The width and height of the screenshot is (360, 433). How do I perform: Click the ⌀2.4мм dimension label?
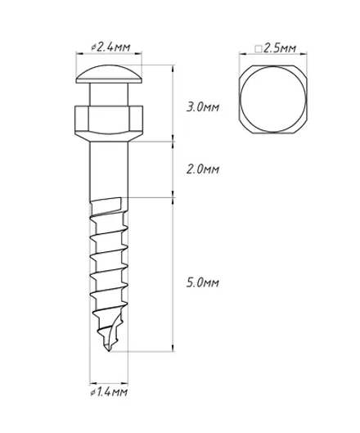(x=110, y=47)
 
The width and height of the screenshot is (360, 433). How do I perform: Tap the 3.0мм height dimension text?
(x=203, y=107)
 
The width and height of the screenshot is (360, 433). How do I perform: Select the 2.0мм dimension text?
(x=203, y=169)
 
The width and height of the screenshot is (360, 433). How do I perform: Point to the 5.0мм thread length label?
(x=203, y=282)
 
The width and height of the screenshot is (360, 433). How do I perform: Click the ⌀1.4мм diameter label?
(x=109, y=392)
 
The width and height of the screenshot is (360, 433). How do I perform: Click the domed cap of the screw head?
(x=110, y=74)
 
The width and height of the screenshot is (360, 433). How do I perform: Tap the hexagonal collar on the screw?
(x=109, y=124)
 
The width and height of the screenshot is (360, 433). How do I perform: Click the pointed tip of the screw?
(x=109, y=350)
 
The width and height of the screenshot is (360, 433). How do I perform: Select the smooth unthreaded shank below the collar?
(x=109, y=169)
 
